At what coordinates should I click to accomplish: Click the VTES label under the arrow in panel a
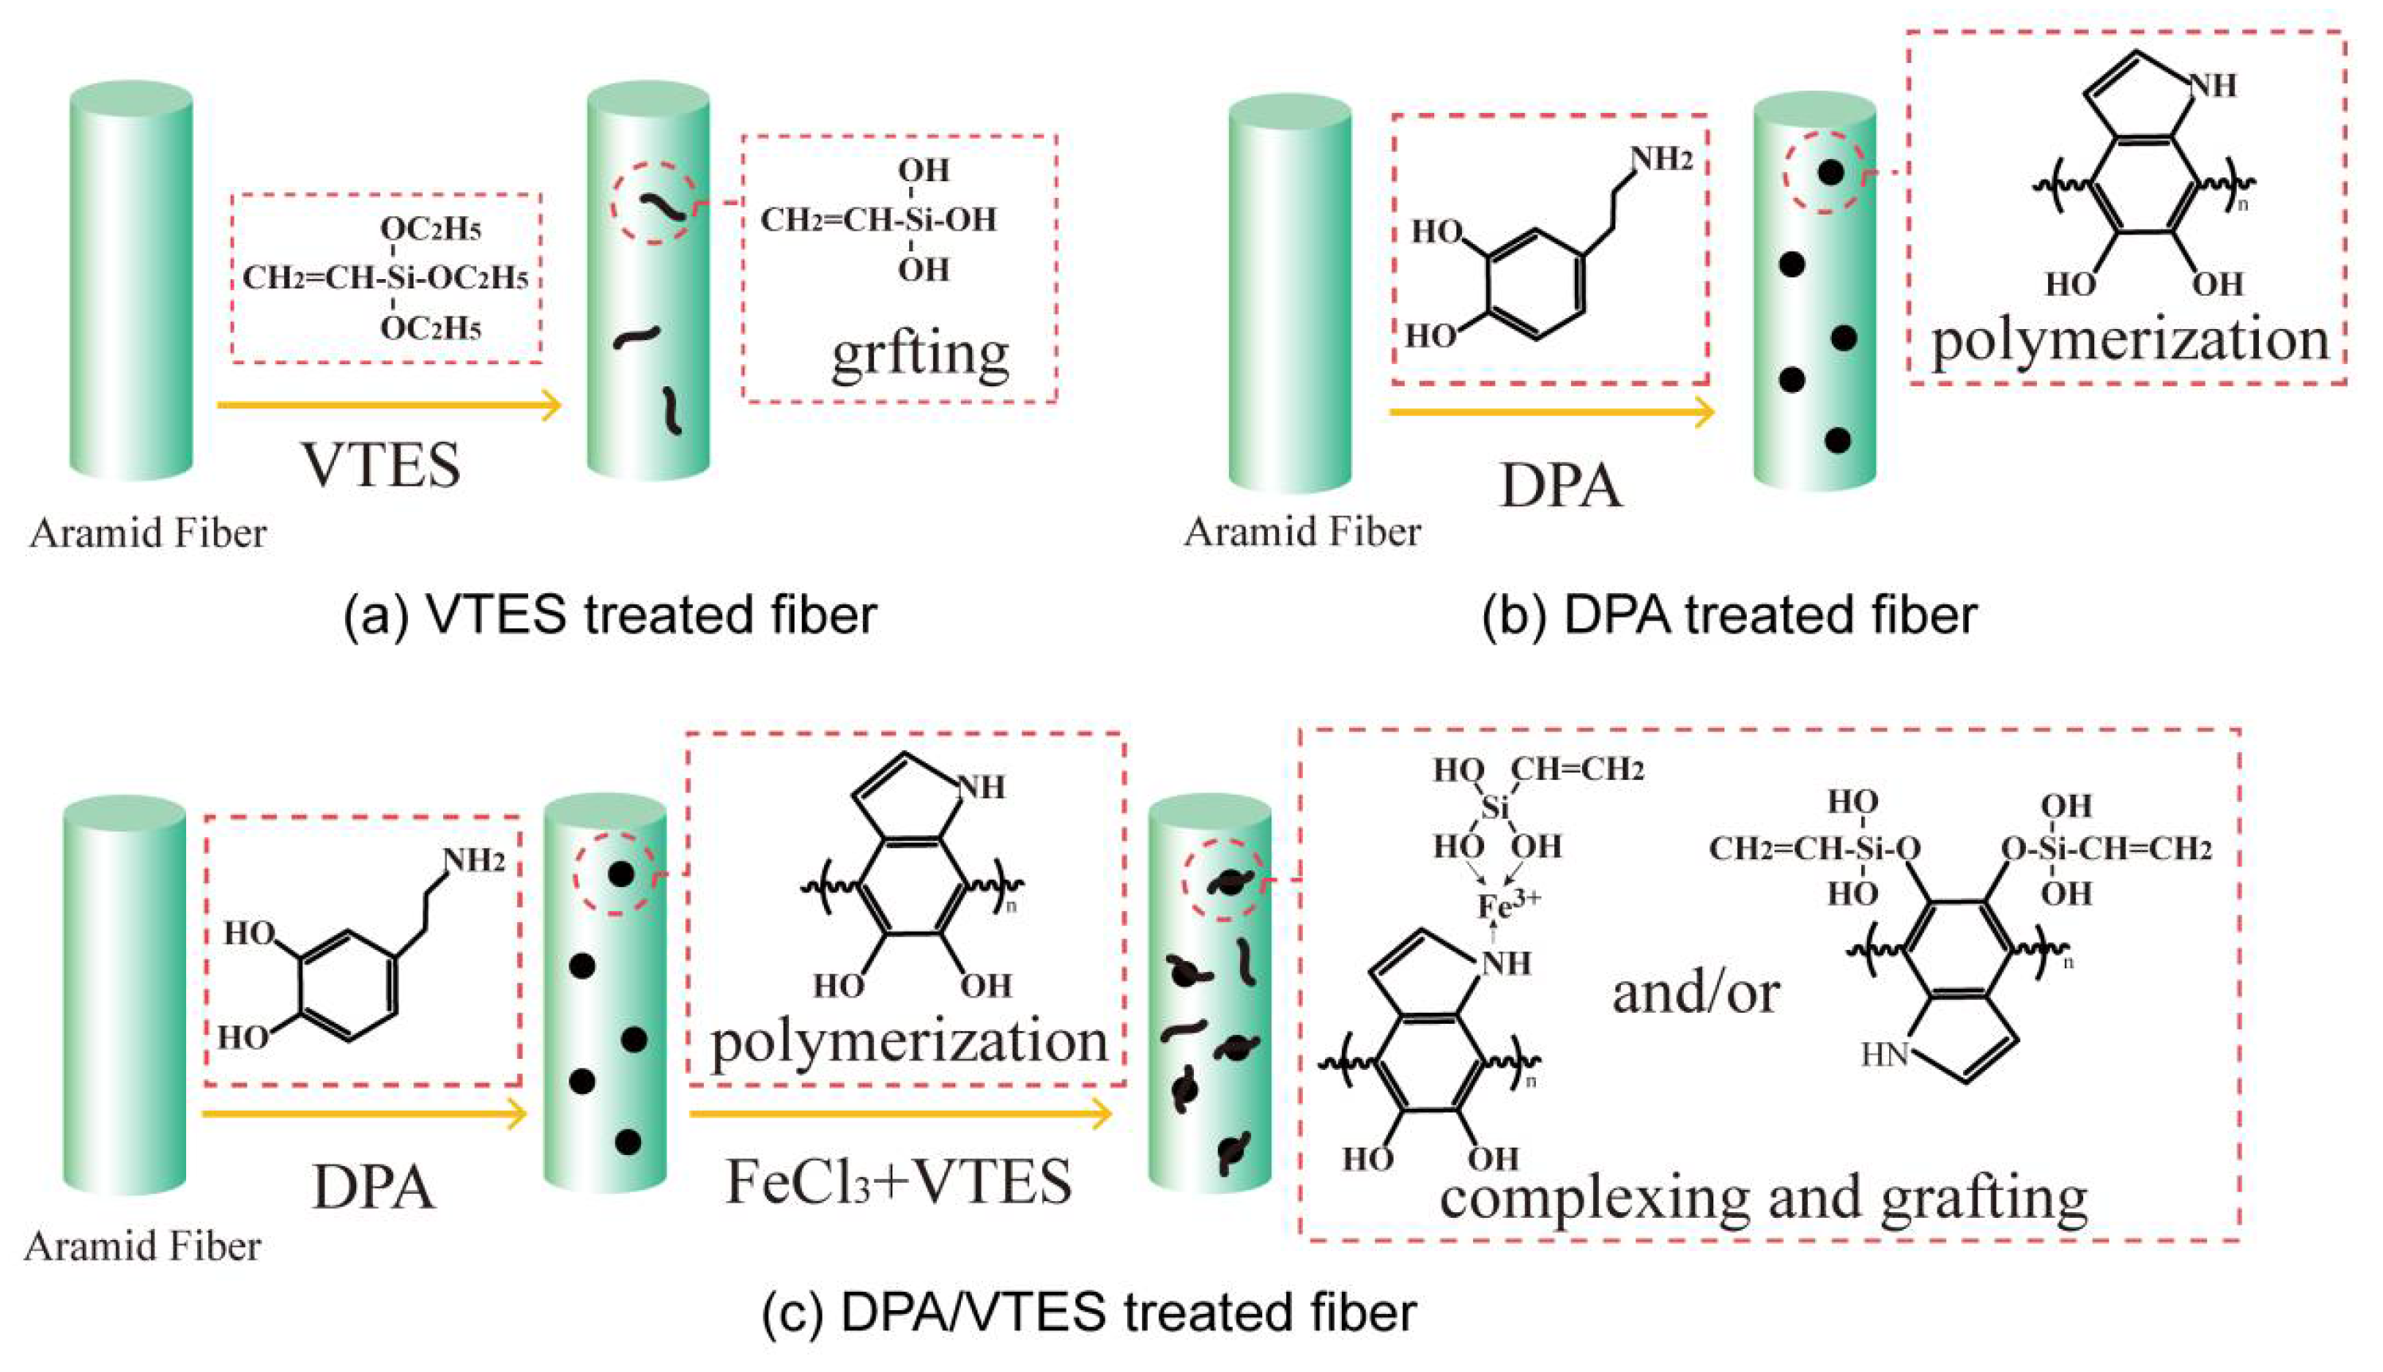click(381, 464)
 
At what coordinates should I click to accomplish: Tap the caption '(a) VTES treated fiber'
click(610, 615)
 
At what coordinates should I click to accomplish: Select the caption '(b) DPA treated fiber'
click(1729, 615)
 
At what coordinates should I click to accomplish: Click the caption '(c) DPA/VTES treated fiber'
click(1089, 1312)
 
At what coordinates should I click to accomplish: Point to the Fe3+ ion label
click(1507, 905)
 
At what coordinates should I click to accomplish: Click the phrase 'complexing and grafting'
click(1763, 1197)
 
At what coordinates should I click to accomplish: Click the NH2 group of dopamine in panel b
click(1661, 158)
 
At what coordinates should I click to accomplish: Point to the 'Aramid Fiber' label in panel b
click(1302, 533)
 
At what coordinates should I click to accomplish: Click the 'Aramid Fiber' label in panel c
click(142, 1246)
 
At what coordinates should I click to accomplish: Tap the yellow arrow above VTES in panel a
click(388, 405)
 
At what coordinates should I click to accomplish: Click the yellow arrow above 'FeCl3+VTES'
click(900, 1114)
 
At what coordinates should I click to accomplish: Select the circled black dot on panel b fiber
click(1829, 172)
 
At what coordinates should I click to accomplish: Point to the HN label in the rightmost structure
click(1883, 1055)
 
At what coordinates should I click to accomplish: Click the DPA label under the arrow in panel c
click(373, 1188)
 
